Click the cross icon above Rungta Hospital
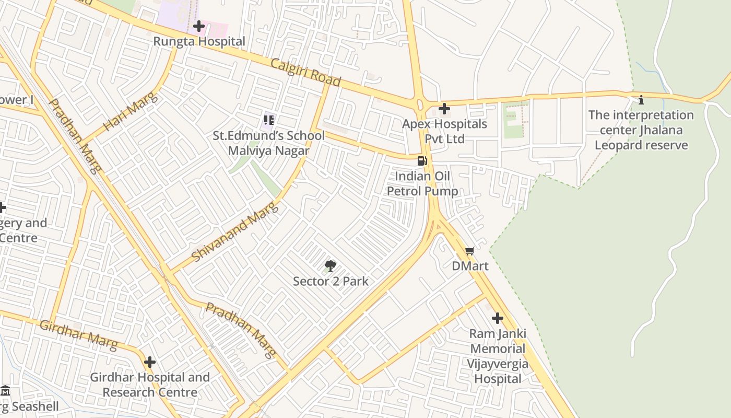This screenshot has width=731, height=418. click(199, 26)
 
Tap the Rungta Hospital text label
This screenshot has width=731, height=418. click(199, 41)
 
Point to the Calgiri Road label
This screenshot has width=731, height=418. click(305, 73)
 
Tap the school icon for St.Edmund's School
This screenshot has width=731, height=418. click(269, 120)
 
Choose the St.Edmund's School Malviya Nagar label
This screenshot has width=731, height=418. click(268, 143)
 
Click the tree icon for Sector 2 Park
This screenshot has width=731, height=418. click(330, 266)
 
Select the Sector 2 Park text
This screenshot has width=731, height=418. click(331, 281)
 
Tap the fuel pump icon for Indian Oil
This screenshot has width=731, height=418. click(422, 161)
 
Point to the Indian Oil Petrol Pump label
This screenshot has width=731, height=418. click(422, 183)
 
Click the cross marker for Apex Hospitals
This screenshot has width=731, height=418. click(444, 109)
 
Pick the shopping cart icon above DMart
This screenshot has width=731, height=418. click(470, 251)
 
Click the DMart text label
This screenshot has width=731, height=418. click(470, 266)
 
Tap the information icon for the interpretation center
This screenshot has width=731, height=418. click(641, 100)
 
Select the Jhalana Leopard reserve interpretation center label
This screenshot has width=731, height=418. click(641, 130)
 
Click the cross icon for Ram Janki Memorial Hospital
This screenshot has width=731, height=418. click(498, 318)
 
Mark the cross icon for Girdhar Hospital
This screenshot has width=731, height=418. click(150, 362)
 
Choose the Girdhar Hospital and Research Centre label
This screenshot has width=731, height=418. click(150, 385)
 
